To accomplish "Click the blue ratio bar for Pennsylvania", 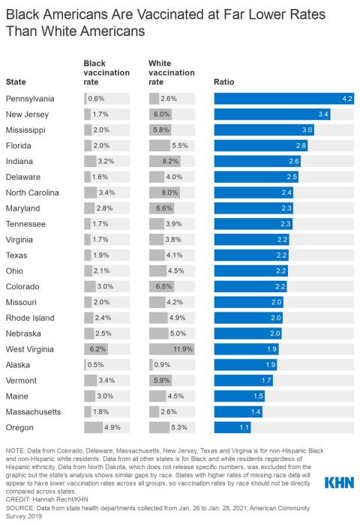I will click(x=283, y=99).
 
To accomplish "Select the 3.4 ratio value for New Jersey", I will click(x=324, y=113).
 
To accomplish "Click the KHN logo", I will click(x=338, y=483).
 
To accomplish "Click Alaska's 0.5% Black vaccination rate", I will click(x=96, y=364).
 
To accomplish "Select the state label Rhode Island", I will click(x=30, y=317).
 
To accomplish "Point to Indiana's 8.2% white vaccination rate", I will click(x=171, y=160).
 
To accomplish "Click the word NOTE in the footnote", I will click(x=15, y=471).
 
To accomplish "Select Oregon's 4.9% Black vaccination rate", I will click(x=112, y=427).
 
